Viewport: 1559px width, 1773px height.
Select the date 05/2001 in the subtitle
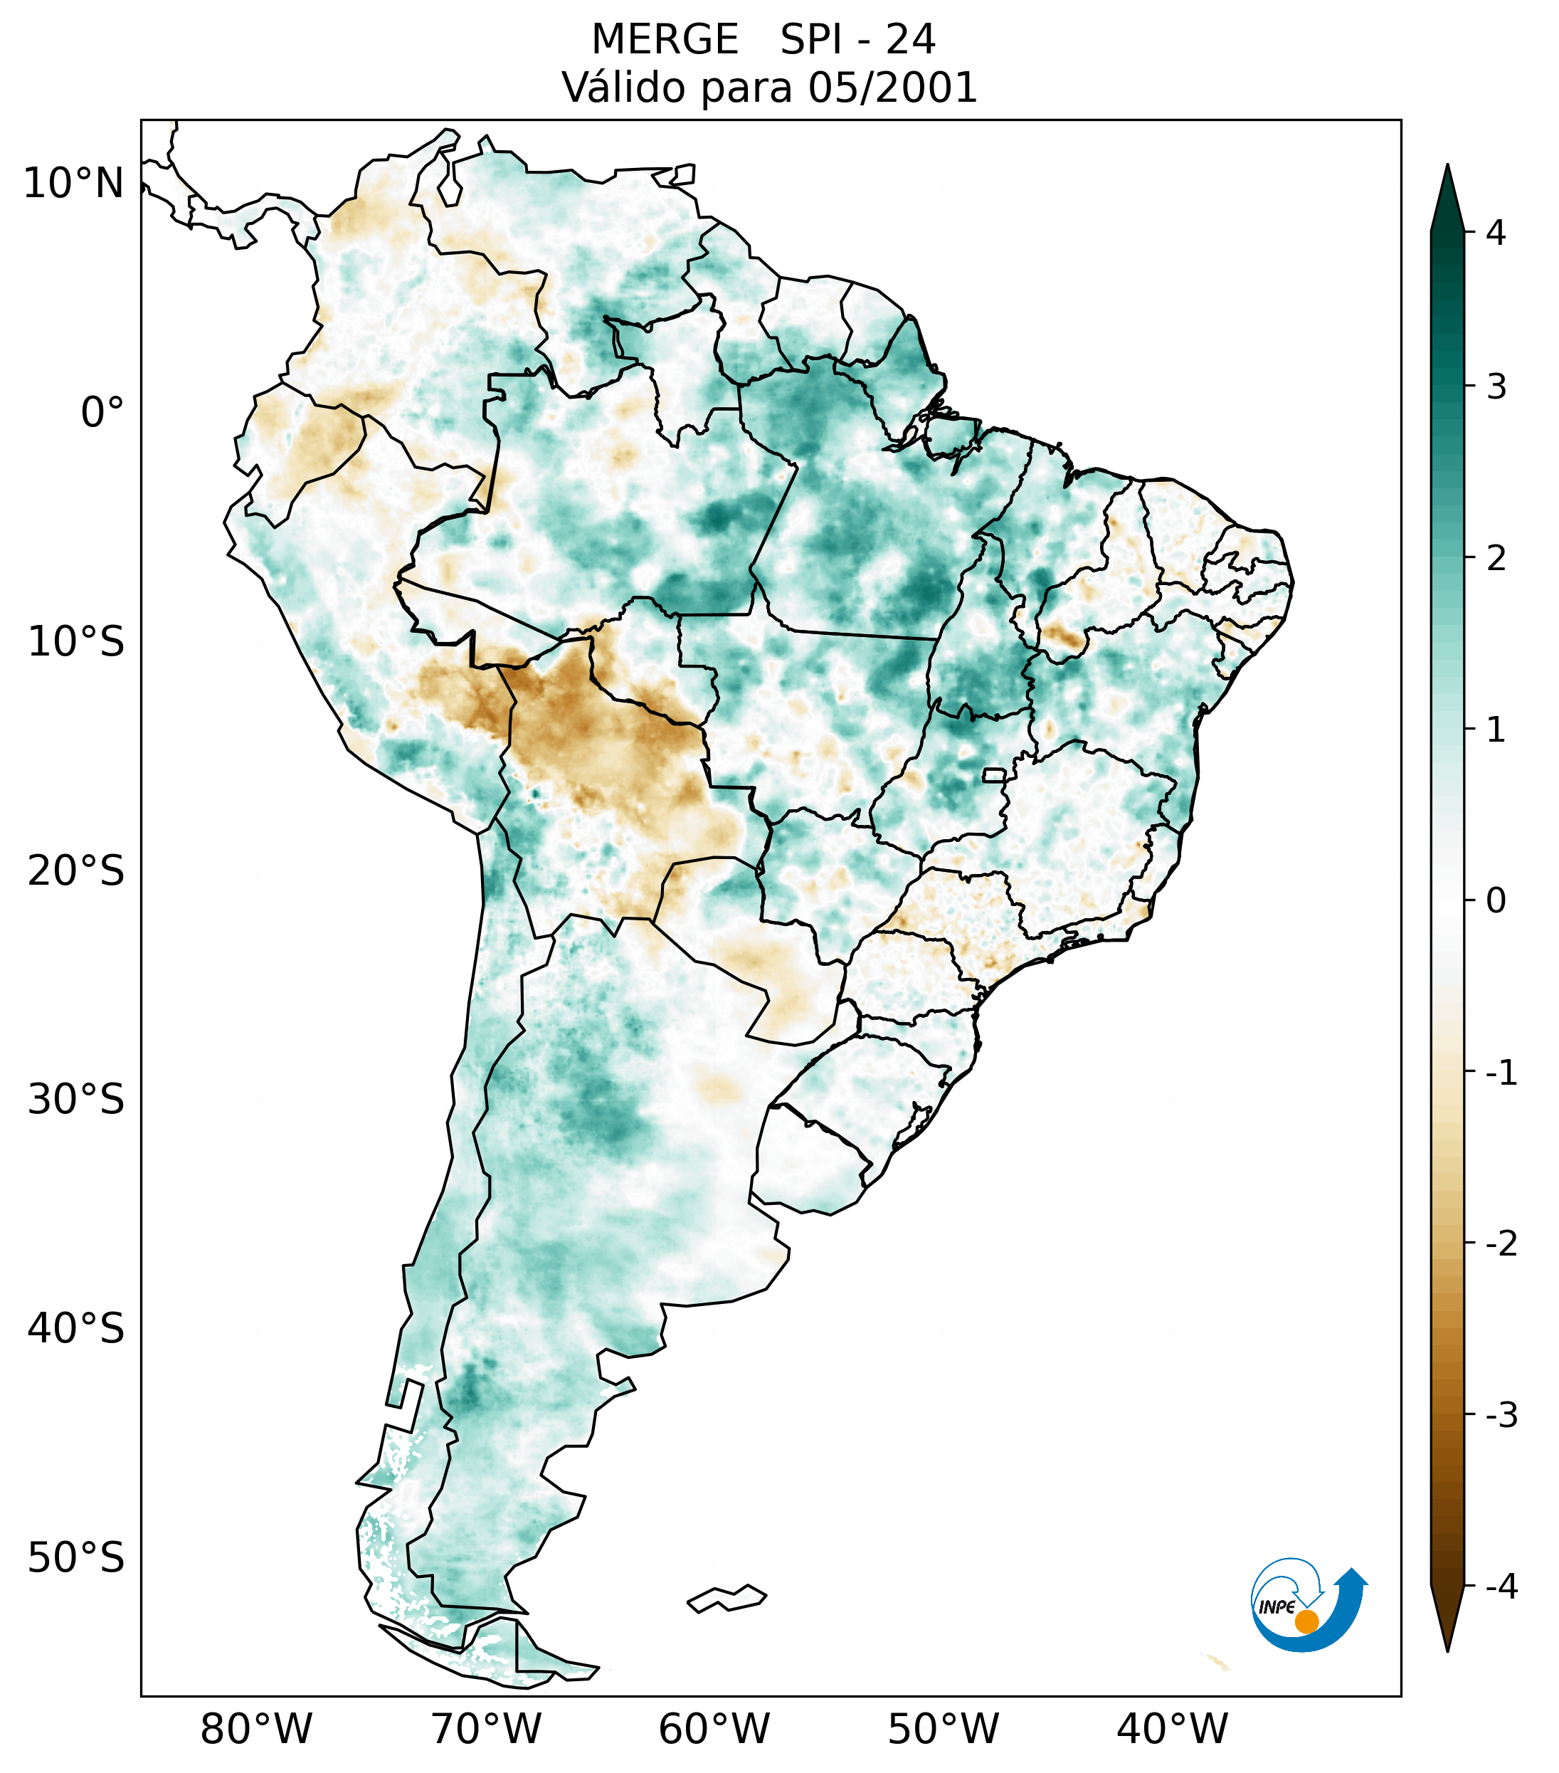click(892, 88)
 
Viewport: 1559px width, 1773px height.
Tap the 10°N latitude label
click(74, 184)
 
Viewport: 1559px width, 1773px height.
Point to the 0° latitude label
click(102, 413)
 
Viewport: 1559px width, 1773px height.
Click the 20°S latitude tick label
click(76, 871)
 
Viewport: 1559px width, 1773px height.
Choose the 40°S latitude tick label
click(76, 1329)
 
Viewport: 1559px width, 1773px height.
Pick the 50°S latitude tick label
click(76, 1559)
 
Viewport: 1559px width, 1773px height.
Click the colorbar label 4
click(1496, 233)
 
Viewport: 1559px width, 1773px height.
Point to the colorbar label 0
click(1496, 901)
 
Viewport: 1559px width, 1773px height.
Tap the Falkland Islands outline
click(726, 1598)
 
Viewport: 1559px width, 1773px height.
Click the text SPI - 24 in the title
click(857, 40)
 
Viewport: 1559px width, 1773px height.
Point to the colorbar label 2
click(1496, 559)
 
